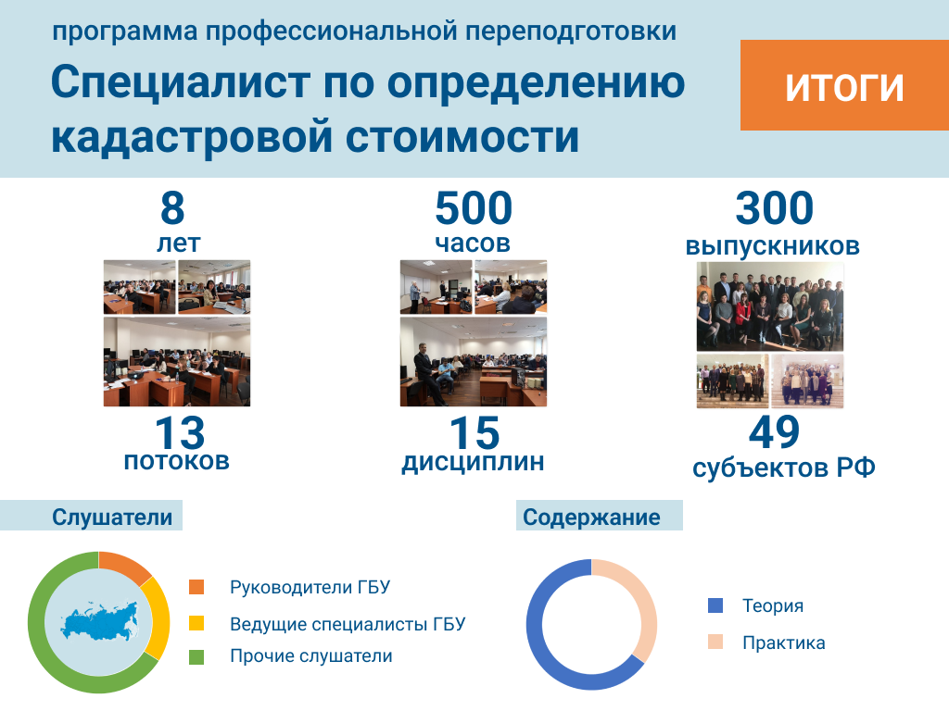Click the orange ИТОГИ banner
[x=844, y=85]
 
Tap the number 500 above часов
[x=474, y=208]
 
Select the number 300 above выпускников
[x=774, y=208]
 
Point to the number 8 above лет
[x=172, y=208]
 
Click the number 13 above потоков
[x=180, y=433]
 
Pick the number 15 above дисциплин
[x=474, y=433]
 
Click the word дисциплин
[x=474, y=463]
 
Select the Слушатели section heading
[x=112, y=517]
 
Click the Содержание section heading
[x=591, y=517]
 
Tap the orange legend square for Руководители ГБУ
[x=196, y=587]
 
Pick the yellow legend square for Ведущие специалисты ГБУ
[x=196, y=623]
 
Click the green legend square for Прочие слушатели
[x=196, y=657]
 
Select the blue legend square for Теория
[x=715, y=605]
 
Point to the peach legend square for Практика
[x=715, y=642]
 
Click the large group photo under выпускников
[x=770, y=306]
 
